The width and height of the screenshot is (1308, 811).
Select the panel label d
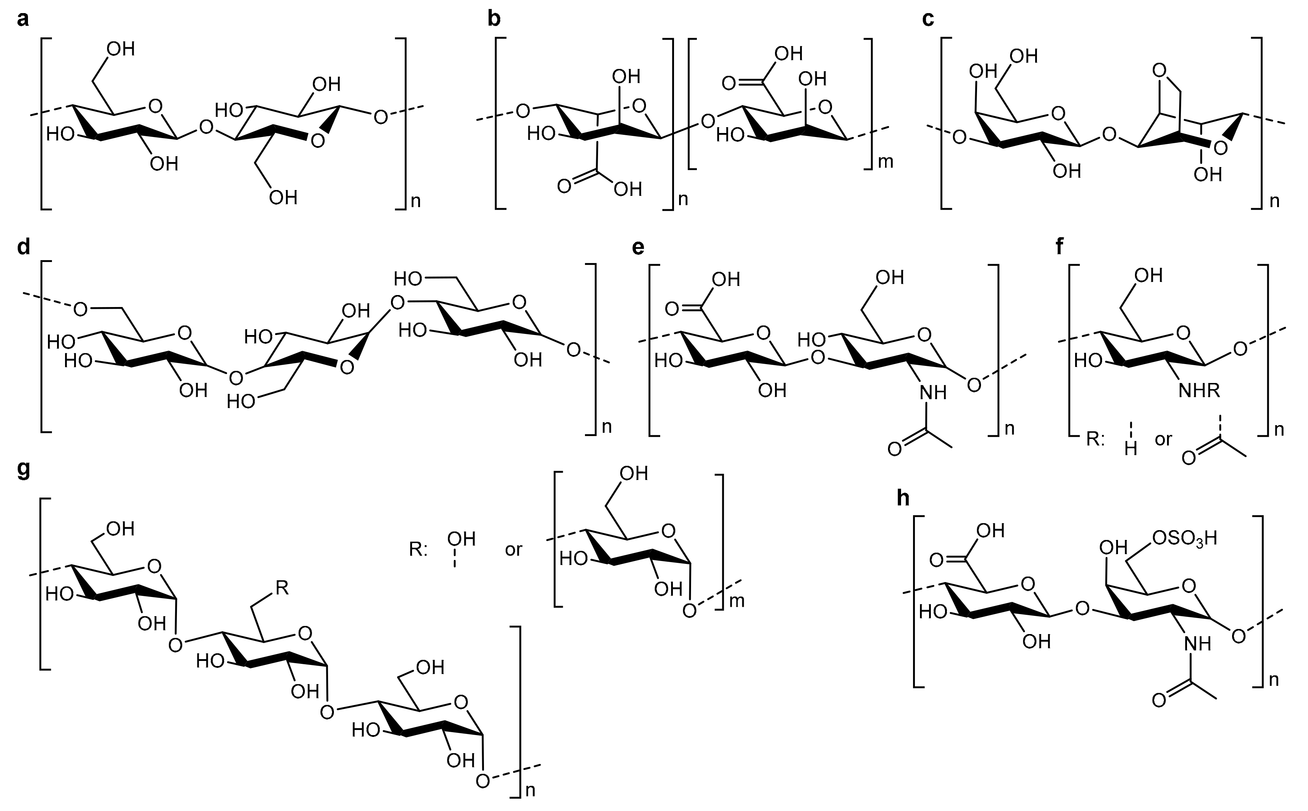click(x=23, y=248)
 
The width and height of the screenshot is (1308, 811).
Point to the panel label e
click(x=638, y=248)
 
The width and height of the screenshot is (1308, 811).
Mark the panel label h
click(x=903, y=498)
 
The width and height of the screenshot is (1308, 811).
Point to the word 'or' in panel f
click(x=1163, y=440)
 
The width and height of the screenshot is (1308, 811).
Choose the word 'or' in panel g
click(x=513, y=550)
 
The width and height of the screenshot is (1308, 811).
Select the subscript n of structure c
click(x=1274, y=201)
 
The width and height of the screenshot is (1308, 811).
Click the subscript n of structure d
click(x=606, y=427)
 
